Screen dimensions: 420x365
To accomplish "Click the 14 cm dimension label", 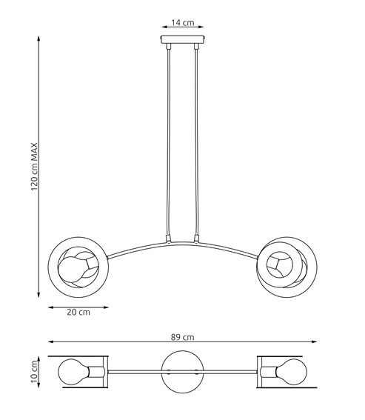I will (182, 23).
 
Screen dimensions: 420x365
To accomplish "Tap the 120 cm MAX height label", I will (34, 167).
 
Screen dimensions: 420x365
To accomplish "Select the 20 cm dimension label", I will (78, 312).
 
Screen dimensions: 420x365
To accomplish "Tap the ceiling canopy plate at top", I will (182, 39).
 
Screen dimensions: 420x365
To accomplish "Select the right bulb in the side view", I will (284, 262).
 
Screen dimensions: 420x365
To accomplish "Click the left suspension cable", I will (169, 141).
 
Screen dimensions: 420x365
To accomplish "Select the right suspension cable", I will (196, 141).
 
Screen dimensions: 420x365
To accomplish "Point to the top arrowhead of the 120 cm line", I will (38, 36).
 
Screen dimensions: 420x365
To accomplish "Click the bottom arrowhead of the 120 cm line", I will (38, 295).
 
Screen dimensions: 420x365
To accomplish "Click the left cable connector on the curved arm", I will (169, 239).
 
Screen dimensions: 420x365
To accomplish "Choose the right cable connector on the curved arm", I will (196, 239).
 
